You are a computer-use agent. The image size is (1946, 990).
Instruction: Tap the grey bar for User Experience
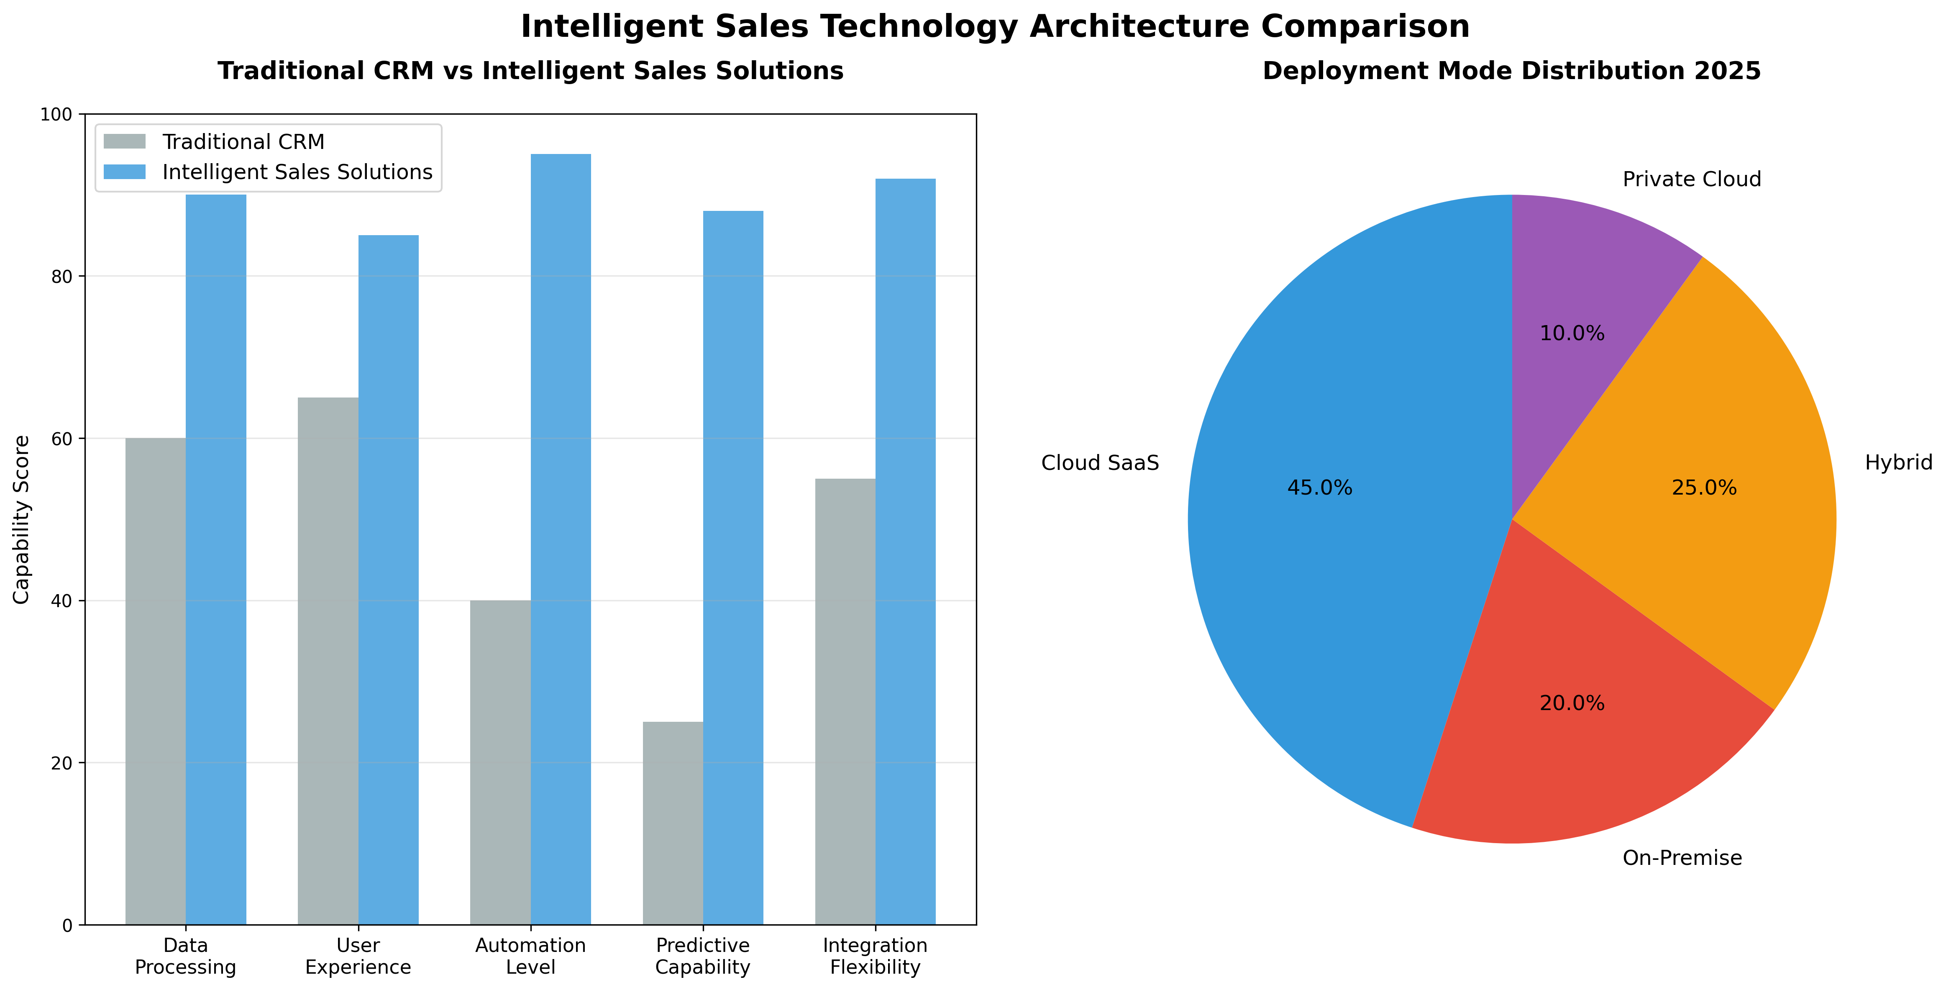pos(328,661)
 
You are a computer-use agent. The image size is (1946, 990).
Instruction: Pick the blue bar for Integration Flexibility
pos(905,551)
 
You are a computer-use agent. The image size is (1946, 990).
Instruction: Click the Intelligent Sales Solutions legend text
pos(297,172)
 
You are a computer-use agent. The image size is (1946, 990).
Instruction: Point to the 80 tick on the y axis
pos(62,277)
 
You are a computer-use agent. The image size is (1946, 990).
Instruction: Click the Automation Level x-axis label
pos(530,956)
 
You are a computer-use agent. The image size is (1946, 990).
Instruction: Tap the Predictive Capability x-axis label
pos(702,956)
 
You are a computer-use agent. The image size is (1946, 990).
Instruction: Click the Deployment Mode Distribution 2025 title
pos(1511,71)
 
